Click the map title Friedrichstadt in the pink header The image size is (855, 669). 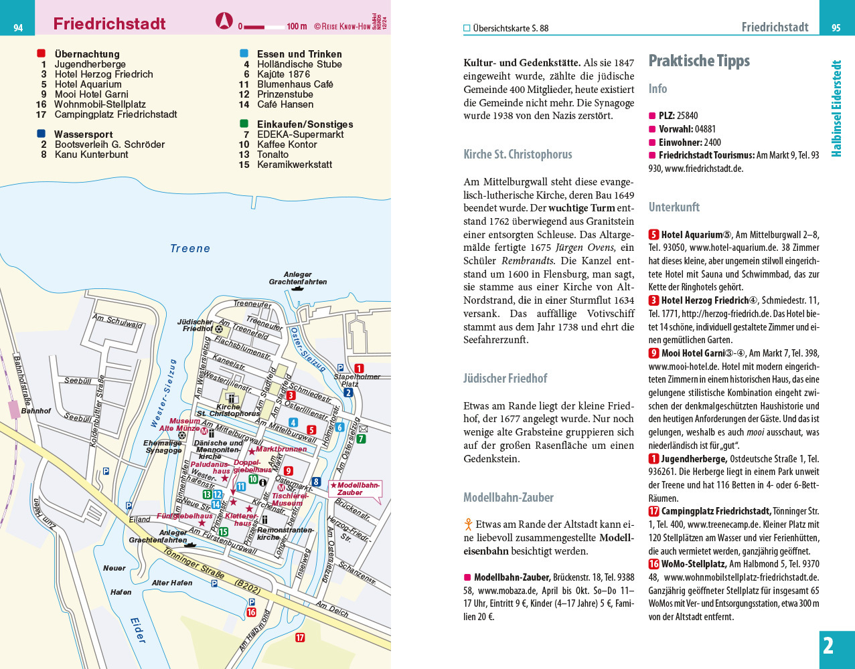pyautogui.click(x=109, y=24)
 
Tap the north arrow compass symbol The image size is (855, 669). pyautogui.click(x=224, y=21)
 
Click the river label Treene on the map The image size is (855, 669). pyautogui.click(x=190, y=249)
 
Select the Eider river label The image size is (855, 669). pyautogui.click(x=138, y=630)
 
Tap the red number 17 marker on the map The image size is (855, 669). pyautogui.click(x=300, y=638)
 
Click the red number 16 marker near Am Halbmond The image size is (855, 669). pyautogui.click(x=251, y=611)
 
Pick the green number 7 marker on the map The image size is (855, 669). pyautogui.click(x=361, y=439)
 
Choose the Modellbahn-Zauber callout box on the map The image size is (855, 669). pyautogui.click(x=355, y=489)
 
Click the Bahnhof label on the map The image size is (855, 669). pyautogui.click(x=35, y=411)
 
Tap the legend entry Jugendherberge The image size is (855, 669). pyautogui.click(x=90, y=64)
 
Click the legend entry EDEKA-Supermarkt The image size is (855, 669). pyautogui.click(x=300, y=134)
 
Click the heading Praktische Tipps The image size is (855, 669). pyautogui.click(x=699, y=61)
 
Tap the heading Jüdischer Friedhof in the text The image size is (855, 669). pyautogui.click(x=505, y=379)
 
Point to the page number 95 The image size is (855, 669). pyautogui.click(x=836, y=27)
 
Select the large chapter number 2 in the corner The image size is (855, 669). pyautogui.click(x=829, y=646)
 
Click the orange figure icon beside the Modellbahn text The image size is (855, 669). pyautogui.click(x=469, y=524)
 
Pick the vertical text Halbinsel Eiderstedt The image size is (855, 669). pyautogui.click(x=836, y=108)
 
